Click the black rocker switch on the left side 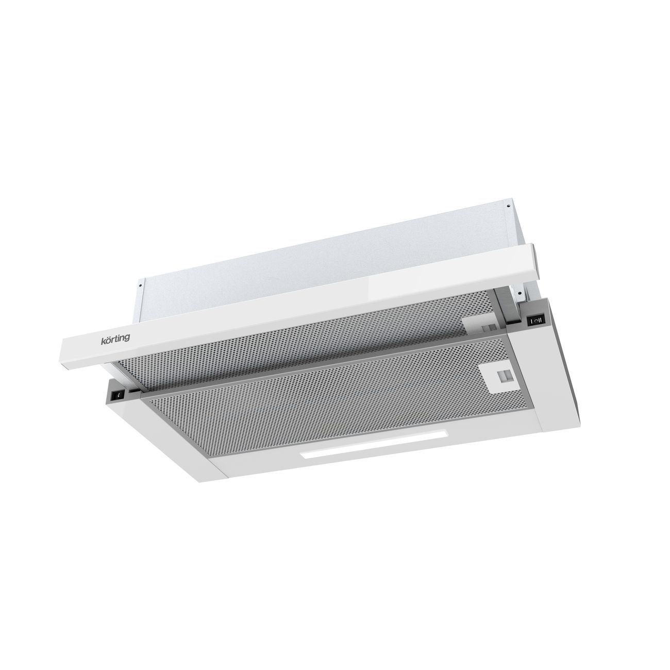coord(119,395)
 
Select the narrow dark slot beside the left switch coord(134,391)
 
